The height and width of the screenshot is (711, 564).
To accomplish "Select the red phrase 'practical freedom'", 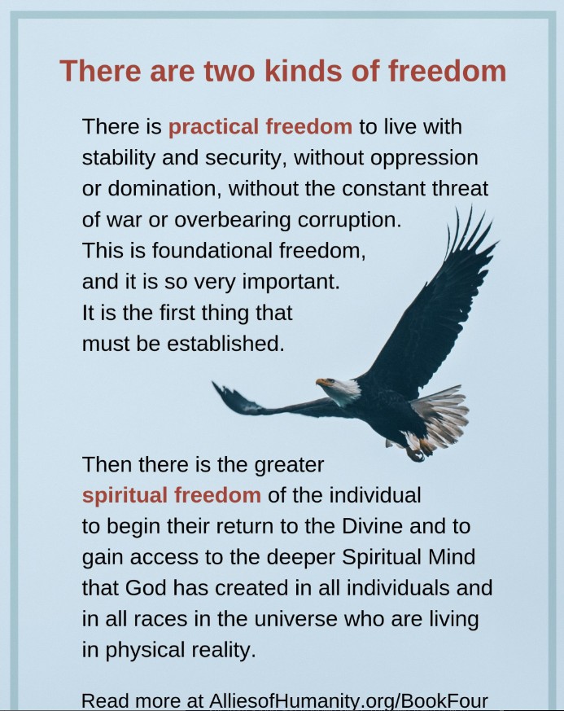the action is tap(260, 127).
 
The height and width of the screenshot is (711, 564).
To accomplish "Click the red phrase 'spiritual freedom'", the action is tap(171, 495).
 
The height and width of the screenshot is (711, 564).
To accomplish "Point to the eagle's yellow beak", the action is tap(322, 382).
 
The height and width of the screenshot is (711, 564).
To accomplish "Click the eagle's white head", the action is tap(343, 389).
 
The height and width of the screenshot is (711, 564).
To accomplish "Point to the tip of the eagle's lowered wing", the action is tap(213, 383).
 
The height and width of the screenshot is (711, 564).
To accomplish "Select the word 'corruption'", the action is tap(349, 221).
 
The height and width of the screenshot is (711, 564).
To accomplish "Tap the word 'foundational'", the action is tap(212, 250).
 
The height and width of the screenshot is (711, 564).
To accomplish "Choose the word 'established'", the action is tap(225, 343).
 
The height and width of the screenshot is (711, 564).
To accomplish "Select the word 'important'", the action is tap(291, 282).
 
